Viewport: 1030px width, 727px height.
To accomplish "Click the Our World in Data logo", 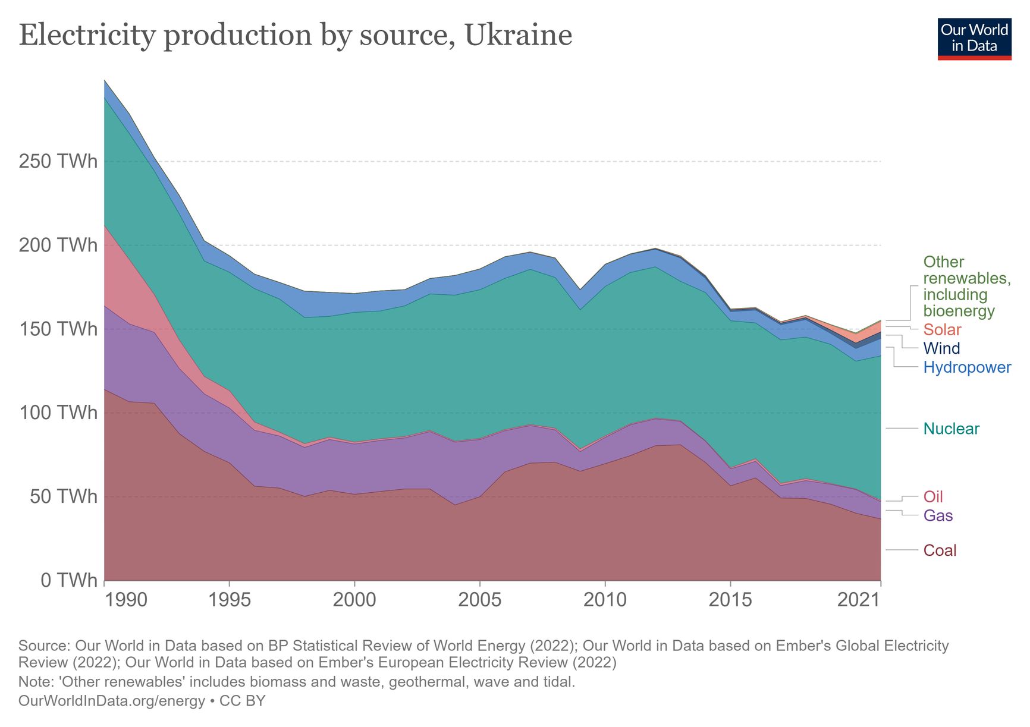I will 974,39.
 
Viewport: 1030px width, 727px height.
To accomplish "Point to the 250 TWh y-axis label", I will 58,161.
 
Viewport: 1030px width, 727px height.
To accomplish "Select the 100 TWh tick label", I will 58,413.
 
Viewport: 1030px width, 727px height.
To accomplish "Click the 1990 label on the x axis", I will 126,600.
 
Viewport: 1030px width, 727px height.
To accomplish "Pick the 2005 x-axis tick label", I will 479,600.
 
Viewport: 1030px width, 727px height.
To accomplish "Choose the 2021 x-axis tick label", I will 858,600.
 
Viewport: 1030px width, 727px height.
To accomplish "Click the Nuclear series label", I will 951,429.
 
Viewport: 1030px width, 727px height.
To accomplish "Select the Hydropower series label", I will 967,367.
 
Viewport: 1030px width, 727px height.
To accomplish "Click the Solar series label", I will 942,330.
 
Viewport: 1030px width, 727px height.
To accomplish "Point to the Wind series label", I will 941,348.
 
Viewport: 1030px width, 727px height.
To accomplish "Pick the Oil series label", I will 933,496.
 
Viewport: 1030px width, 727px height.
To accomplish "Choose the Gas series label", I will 938,515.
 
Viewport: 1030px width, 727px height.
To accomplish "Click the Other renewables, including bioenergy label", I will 966,287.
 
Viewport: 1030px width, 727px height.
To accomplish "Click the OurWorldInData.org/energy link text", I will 112,701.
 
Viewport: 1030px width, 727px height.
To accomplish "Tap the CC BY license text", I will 243,701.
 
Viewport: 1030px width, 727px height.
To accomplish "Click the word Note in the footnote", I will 35,682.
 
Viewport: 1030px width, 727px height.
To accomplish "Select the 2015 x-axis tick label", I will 730,600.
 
